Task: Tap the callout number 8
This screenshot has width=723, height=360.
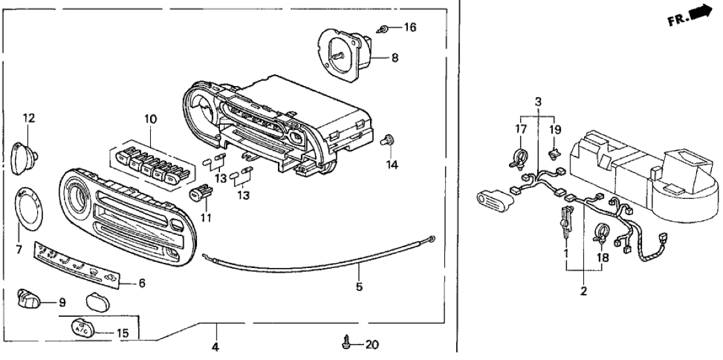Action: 395,57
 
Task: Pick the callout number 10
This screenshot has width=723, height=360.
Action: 151,119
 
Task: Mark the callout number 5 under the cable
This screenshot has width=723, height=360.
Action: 359,286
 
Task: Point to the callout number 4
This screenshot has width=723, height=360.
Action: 216,347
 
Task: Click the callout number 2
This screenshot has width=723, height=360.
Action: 583,291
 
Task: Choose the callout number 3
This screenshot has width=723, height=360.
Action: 538,102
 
